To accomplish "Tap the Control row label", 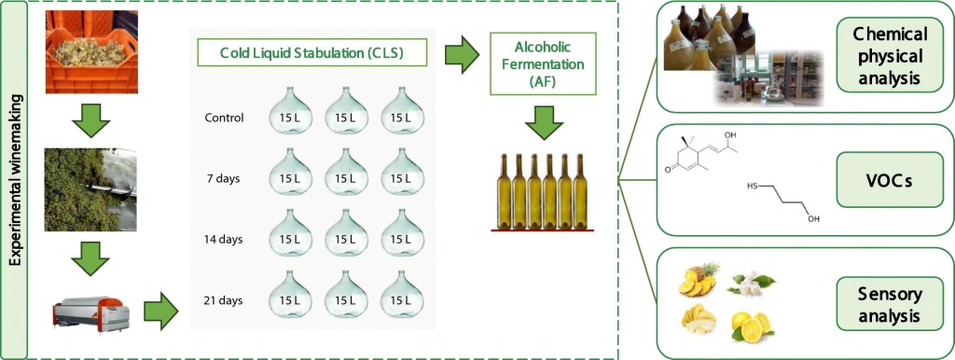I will (x=224, y=118).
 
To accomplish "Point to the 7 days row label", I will (x=224, y=178).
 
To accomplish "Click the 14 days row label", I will (x=223, y=239).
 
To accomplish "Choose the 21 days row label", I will (x=223, y=299).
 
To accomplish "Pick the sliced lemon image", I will (x=751, y=324).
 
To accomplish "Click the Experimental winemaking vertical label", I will (x=15, y=180).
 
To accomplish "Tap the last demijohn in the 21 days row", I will (x=400, y=295).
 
